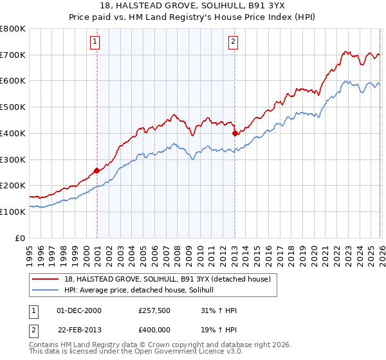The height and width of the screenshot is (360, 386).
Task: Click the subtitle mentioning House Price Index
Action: pyautogui.click(x=193, y=18)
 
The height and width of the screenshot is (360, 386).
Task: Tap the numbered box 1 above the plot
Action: pyautogui.click(x=95, y=42)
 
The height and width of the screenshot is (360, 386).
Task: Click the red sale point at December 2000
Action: pyautogui.click(x=96, y=170)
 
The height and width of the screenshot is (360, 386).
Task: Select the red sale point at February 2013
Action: pyautogui.click(x=234, y=134)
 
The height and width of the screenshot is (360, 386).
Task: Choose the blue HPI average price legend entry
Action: pyautogui.click(x=143, y=290)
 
